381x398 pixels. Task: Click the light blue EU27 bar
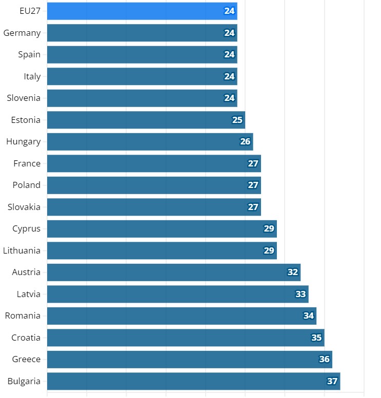142,11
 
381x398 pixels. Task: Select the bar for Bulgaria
193,381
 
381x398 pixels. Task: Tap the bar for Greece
190,359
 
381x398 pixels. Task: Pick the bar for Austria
174,272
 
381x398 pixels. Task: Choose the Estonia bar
146,120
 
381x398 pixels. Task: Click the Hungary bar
150,141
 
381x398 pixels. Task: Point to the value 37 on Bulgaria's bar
332,381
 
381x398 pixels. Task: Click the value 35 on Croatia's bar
316,338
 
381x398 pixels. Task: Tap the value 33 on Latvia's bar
300,294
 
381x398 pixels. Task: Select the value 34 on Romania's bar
309,316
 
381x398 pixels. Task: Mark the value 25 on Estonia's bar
237,120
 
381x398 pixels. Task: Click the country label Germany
22,33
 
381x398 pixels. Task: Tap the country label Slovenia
24,98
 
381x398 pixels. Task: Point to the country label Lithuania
22,250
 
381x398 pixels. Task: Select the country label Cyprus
27,228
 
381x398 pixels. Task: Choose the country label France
27,163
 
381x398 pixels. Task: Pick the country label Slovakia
24,207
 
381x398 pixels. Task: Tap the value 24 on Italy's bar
229,76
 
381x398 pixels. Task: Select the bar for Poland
154,185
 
